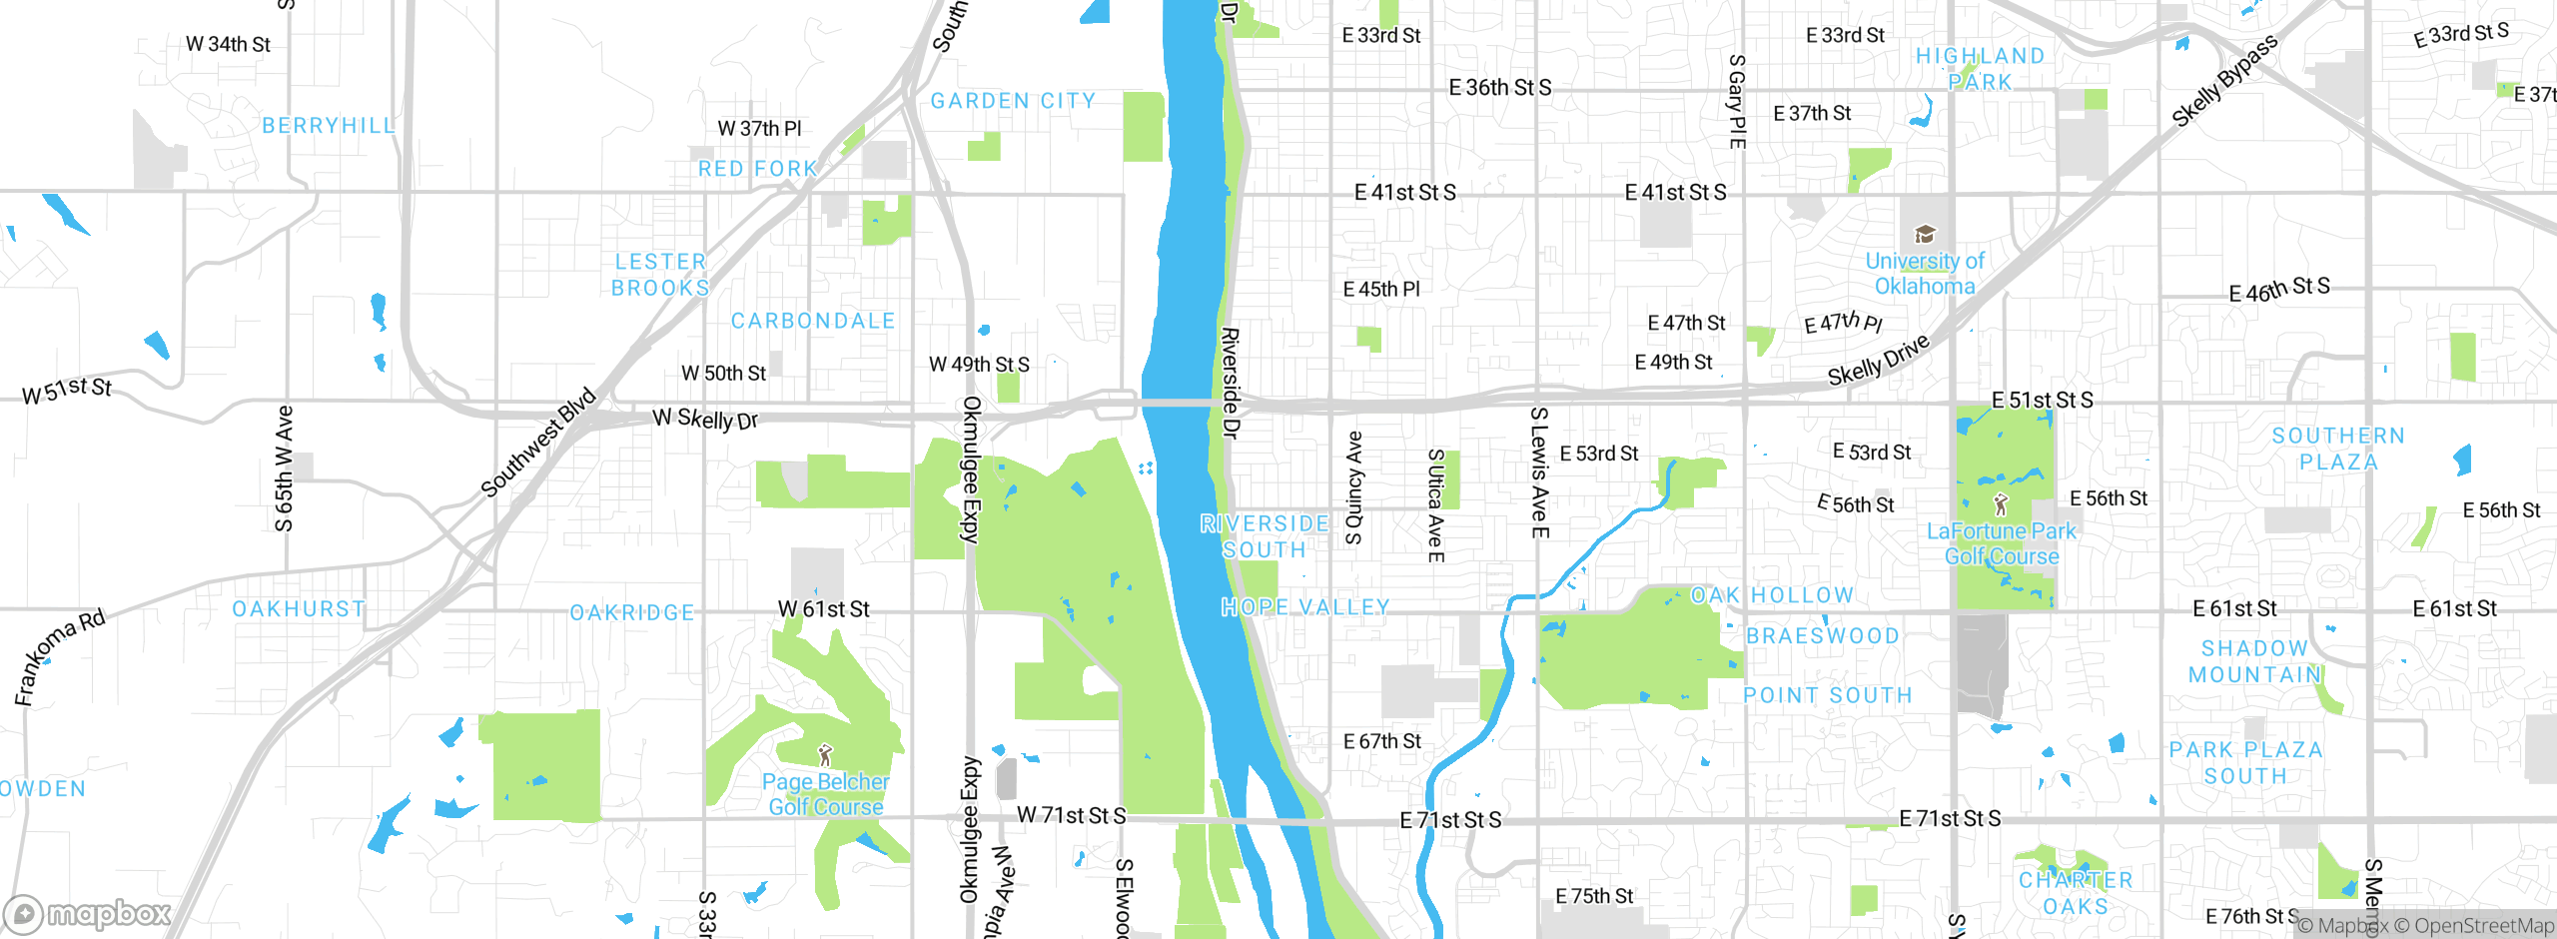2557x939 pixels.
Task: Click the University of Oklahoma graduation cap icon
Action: point(1924,235)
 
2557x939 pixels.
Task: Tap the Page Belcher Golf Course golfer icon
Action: point(825,755)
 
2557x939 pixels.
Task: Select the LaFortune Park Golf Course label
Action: point(2002,543)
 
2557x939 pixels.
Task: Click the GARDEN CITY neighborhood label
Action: point(1013,101)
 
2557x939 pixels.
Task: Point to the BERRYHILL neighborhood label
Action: point(329,126)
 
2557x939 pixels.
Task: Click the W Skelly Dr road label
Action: point(705,419)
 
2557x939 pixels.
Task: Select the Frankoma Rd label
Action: point(60,656)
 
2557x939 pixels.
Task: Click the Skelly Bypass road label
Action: point(2224,81)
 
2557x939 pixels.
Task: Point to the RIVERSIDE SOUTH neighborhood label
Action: point(1265,536)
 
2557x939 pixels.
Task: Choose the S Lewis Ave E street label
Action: point(1539,471)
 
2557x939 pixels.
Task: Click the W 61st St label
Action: point(823,609)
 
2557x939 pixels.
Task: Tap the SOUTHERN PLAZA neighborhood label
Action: point(2338,449)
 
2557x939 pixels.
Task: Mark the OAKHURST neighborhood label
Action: point(299,609)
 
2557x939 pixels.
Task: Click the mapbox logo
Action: point(88,913)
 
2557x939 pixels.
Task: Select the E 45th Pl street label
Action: point(1380,290)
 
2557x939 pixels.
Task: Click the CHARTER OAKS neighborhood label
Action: point(2076,893)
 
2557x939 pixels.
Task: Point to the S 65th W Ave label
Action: point(285,468)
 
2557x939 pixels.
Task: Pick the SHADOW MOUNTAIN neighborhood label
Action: point(2254,661)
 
